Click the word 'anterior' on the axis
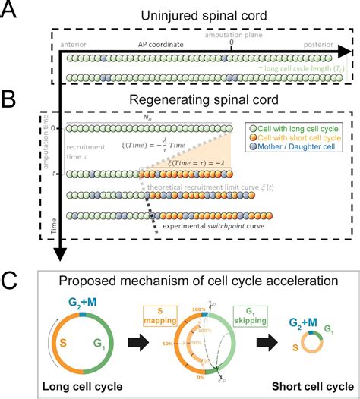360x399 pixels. (76, 45)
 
